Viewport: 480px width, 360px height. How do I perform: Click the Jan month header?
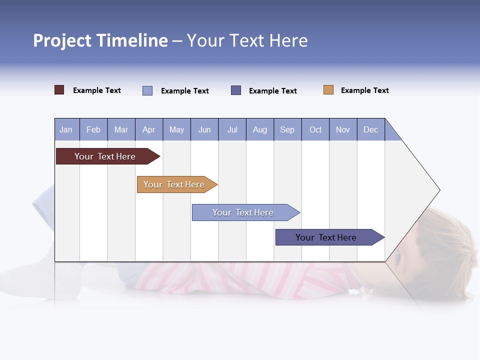click(66, 130)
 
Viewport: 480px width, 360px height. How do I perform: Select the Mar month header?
click(121, 130)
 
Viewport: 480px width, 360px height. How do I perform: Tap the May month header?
click(176, 130)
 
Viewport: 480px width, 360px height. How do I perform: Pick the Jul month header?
click(232, 130)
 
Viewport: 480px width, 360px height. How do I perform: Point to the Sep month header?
click(287, 130)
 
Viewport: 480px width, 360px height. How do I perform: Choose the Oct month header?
click(315, 130)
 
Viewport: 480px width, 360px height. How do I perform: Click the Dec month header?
click(371, 130)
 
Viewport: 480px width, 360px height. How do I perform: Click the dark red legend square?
click(59, 90)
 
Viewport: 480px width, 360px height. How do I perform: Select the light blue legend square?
click(147, 90)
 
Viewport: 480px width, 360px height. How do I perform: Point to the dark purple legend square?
click(236, 90)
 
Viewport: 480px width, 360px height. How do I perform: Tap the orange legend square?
click(328, 90)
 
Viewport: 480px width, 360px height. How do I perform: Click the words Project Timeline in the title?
click(100, 40)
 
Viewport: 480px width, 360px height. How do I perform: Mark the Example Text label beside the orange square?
click(364, 90)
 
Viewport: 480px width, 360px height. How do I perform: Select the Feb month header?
click(93, 130)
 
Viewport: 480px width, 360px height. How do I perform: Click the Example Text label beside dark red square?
click(96, 90)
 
